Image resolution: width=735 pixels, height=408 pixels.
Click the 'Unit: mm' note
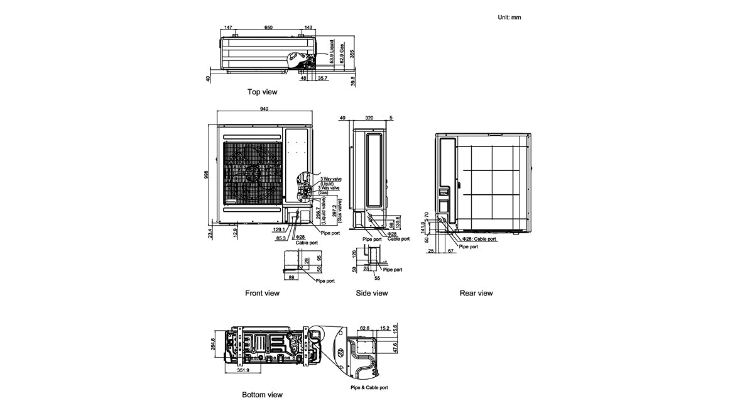click(509, 17)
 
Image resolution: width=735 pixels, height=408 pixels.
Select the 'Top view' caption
click(262, 92)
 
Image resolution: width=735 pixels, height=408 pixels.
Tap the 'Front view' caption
click(262, 293)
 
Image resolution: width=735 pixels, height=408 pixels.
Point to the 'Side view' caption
click(372, 293)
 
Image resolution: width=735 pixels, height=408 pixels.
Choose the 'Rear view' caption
click(476, 293)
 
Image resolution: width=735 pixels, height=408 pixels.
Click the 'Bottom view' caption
click(262, 395)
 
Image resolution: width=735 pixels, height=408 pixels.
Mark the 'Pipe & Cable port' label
click(369, 388)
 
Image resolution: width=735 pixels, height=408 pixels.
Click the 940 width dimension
click(264, 109)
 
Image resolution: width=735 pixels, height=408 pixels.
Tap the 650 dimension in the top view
click(268, 28)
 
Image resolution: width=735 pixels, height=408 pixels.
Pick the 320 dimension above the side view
click(369, 118)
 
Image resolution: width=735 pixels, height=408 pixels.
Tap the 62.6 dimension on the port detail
click(366, 328)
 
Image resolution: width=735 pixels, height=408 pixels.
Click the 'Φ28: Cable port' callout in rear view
click(479, 240)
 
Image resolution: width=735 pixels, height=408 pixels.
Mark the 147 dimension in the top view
click(228, 28)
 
